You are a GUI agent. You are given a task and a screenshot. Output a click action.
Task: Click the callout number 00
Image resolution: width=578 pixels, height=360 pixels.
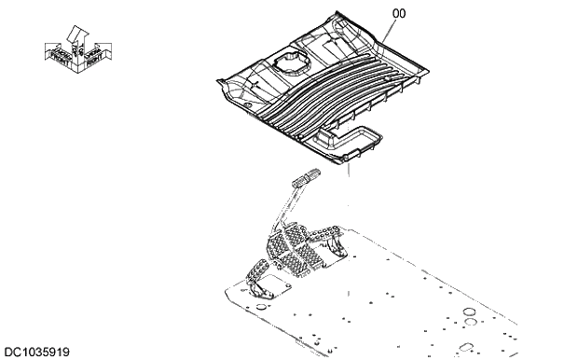pos(372,12)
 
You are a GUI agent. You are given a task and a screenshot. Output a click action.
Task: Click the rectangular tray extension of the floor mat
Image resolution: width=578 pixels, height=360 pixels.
pos(355,139)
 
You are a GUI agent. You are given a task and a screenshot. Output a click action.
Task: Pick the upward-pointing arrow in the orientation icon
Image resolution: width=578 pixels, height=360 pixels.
pos(78,35)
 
